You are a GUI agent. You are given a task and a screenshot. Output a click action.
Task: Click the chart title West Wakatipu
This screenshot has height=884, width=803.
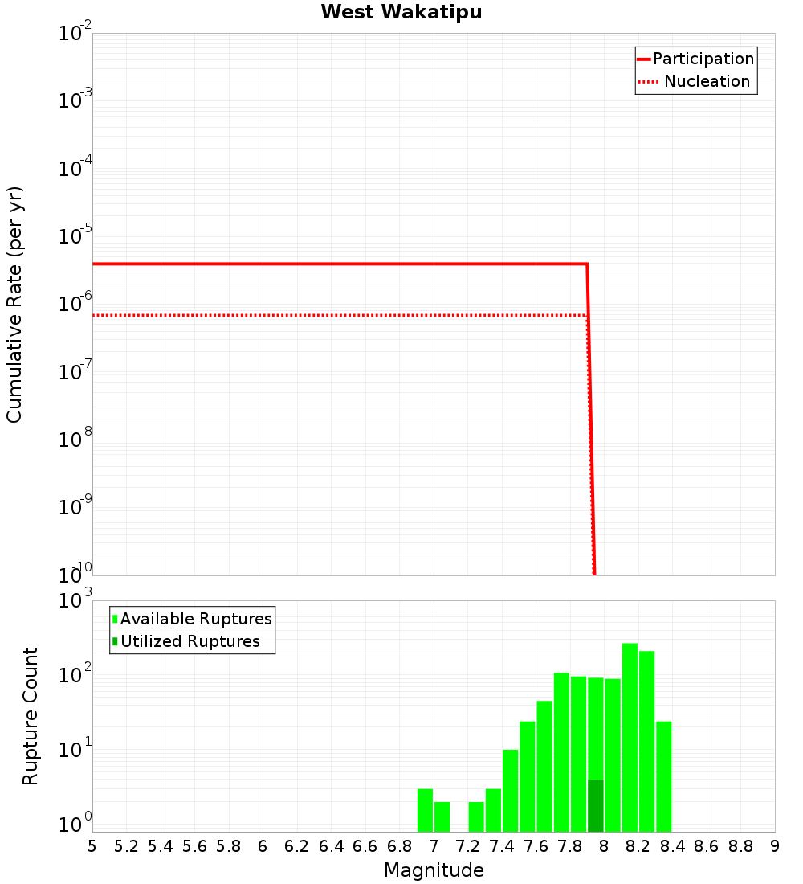point(401,13)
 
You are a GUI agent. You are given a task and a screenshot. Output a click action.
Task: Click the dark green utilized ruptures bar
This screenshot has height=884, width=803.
point(595,805)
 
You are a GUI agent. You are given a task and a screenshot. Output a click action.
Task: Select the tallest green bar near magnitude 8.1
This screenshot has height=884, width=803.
point(630,737)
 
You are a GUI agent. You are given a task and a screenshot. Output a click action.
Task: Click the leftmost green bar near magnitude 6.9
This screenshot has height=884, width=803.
point(425,810)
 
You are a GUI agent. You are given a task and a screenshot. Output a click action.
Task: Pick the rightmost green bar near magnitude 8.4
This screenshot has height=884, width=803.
point(663,776)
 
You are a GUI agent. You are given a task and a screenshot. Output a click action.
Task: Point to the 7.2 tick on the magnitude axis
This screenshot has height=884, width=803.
point(467,846)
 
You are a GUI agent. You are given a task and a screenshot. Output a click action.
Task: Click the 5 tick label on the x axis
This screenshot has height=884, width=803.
point(92,846)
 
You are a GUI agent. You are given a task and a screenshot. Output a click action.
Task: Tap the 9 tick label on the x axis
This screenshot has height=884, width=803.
point(774,846)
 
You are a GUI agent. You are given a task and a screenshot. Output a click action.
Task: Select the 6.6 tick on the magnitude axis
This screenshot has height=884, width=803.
point(365,846)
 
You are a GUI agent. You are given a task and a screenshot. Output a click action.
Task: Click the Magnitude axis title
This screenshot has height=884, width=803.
point(434,870)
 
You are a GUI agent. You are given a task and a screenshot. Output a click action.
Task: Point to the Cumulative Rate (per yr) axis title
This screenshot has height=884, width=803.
point(14,304)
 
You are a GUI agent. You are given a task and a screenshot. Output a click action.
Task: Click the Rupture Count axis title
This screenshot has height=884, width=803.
point(31,715)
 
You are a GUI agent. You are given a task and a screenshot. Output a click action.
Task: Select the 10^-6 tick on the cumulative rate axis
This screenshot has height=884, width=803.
point(75,304)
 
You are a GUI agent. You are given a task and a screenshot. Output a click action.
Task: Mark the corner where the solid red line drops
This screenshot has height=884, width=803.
point(587,264)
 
